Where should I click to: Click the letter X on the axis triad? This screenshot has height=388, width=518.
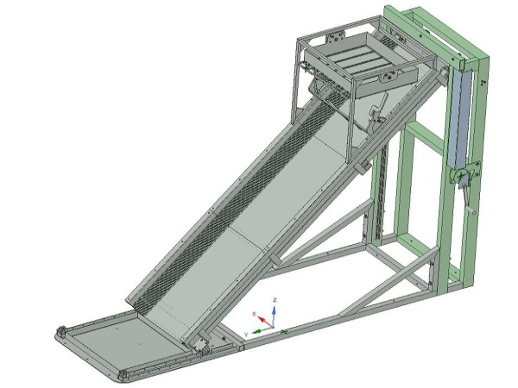[x=253, y=313]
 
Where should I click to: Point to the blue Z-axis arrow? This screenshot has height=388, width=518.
[x=274, y=311]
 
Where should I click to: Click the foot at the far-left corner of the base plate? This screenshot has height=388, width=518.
[x=61, y=331]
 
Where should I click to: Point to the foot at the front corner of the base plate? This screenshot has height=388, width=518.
[x=124, y=375]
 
